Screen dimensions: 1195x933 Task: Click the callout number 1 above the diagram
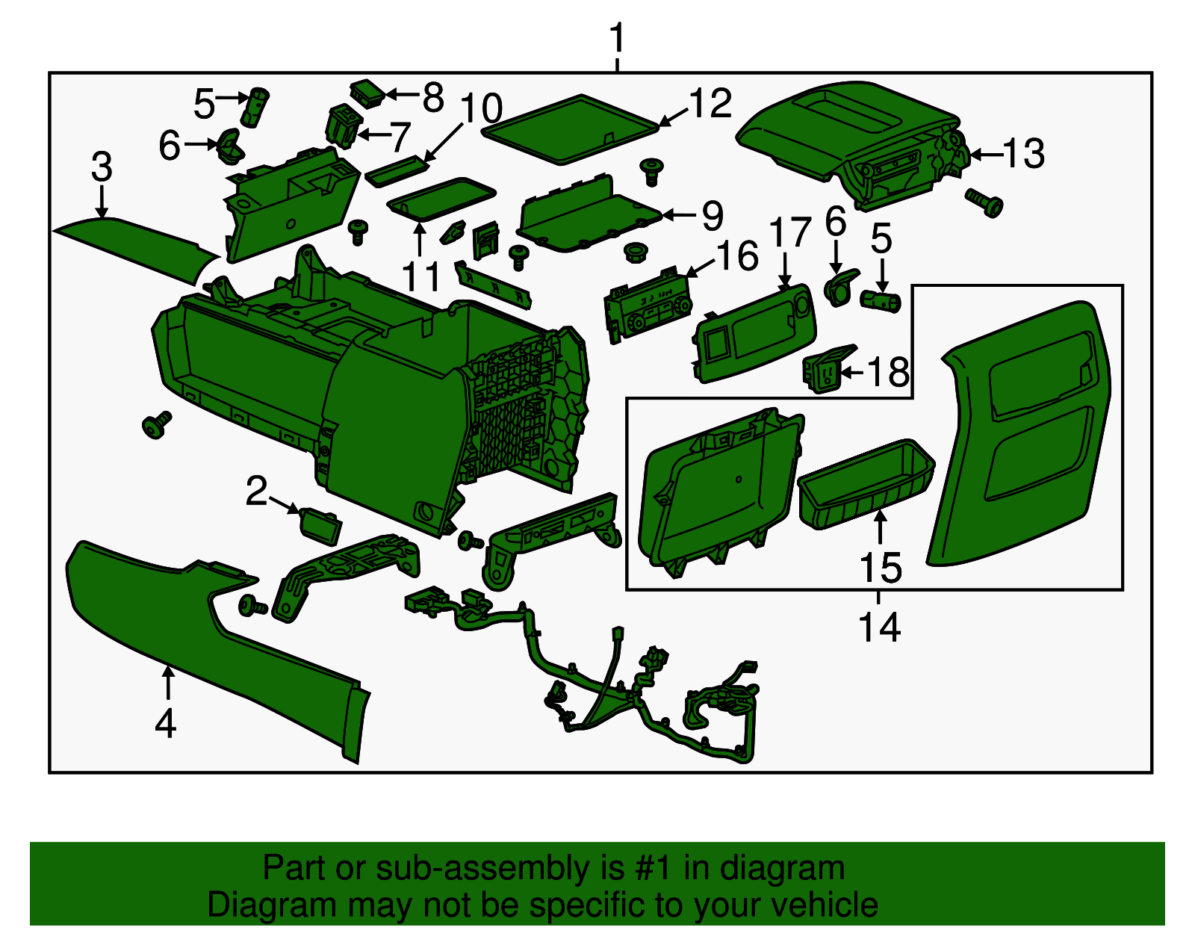click(618, 38)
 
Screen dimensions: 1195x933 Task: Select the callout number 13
click(1023, 153)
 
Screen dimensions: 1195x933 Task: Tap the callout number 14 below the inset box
click(879, 627)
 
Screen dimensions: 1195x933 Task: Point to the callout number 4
click(166, 723)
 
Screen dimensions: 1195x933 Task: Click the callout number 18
click(887, 372)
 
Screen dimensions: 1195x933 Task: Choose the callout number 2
click(256, 491)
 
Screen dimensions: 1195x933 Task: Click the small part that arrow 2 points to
click(320, 526)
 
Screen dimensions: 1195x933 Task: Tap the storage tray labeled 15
click(866, 484)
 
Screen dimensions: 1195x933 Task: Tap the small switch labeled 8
click(367, 93)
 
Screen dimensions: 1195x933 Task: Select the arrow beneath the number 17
click(784, 270)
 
